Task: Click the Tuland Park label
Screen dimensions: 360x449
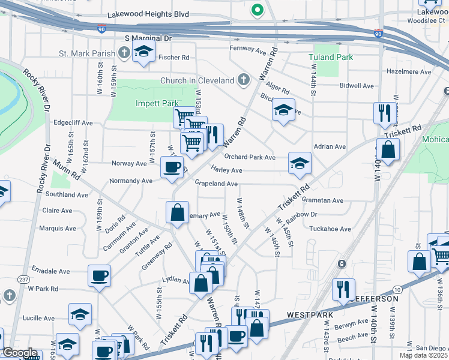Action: (330, 57)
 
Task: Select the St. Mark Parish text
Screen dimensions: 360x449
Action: (87, 53)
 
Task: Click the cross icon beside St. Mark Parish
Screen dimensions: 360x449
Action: (124, 53)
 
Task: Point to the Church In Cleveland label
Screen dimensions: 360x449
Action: (197, 80)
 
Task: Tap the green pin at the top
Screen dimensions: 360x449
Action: (258, 10)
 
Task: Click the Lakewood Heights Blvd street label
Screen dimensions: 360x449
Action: (148, 14)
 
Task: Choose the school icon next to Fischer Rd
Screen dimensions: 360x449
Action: (144, 52)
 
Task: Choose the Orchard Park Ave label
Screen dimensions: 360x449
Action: (250, 157)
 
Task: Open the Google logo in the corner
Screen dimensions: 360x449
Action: (19, 353)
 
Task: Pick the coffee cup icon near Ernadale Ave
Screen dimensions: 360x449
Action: (100, 276)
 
